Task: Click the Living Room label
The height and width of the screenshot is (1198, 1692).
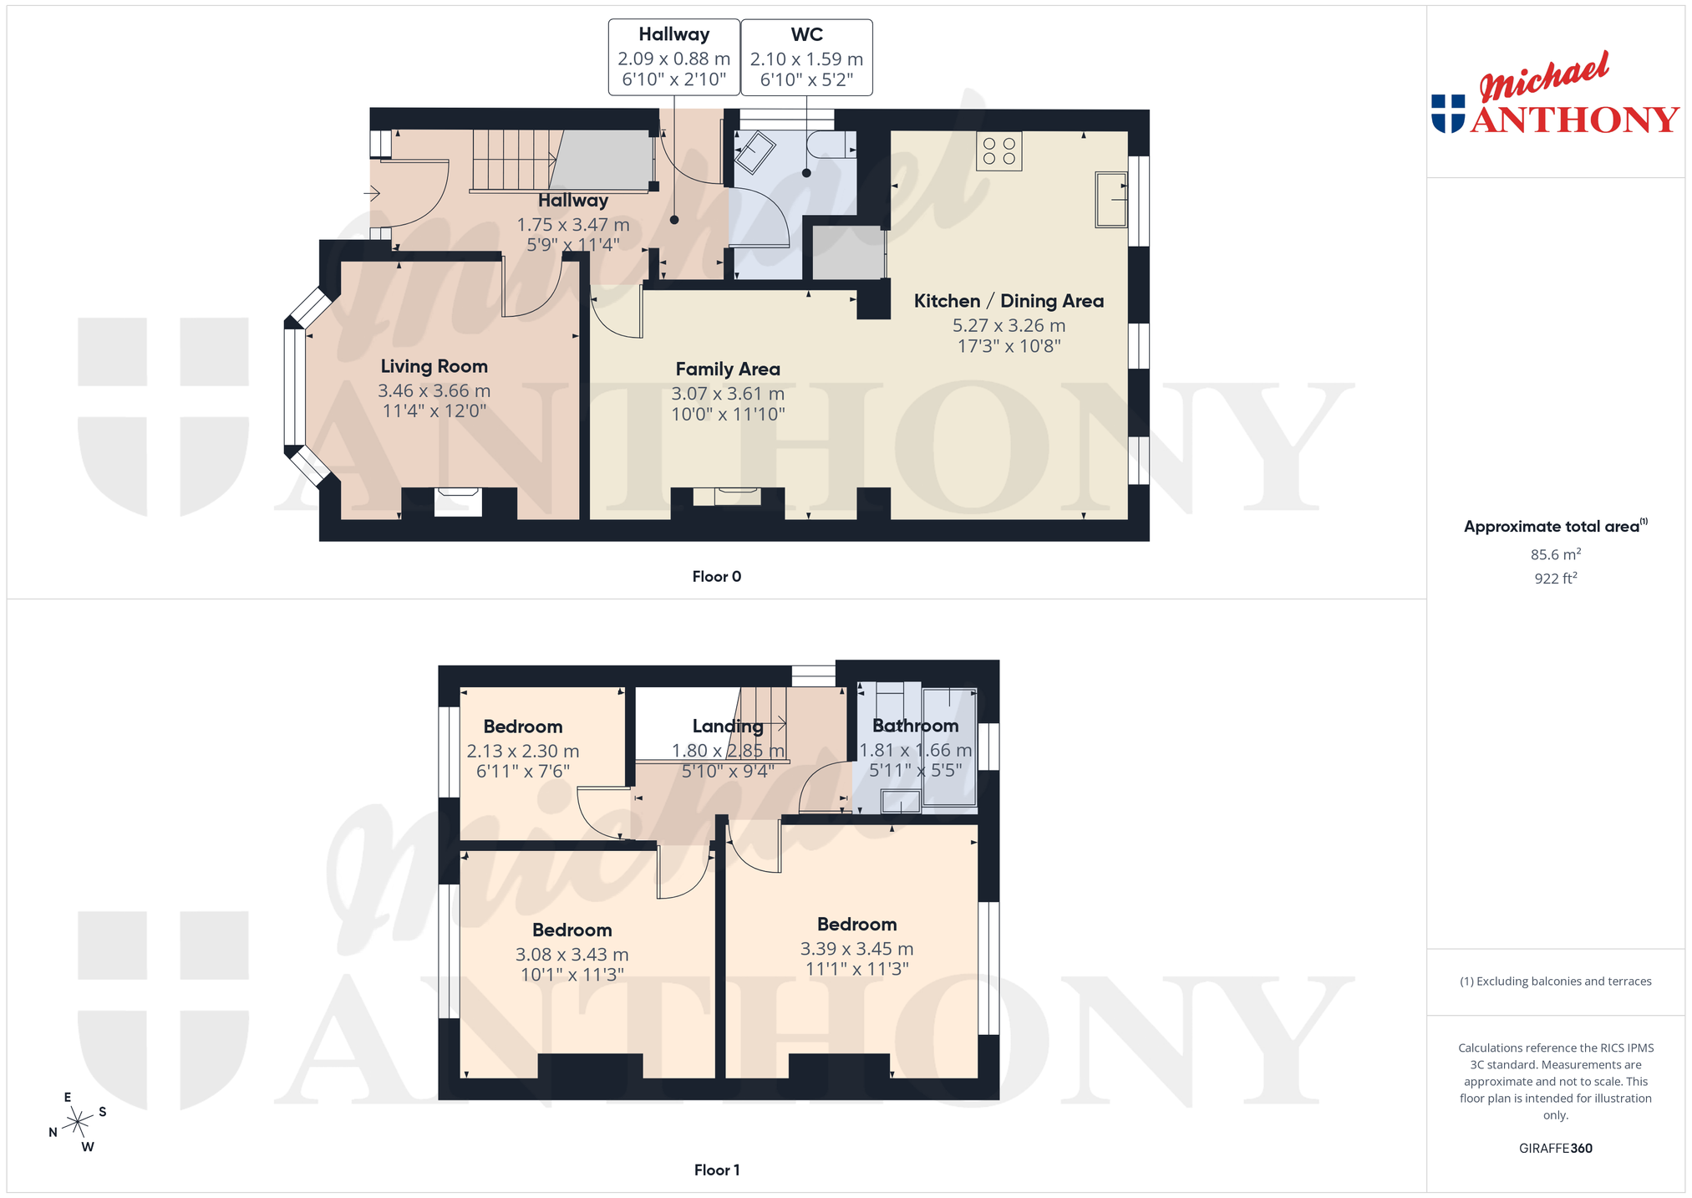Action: [434, 366]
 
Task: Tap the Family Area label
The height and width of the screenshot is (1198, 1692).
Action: [728, 369]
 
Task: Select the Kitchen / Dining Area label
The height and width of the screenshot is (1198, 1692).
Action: [1009, 301]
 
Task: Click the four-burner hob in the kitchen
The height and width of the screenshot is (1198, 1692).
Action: [999, 151]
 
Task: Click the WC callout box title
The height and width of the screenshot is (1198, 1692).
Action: [806, 34]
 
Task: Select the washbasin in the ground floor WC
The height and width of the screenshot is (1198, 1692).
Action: [755, 152]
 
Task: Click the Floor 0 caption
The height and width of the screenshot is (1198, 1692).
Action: [716, 576]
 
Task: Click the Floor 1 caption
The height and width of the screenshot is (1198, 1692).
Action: [716, 1170]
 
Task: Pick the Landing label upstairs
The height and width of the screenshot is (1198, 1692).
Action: [728, 726]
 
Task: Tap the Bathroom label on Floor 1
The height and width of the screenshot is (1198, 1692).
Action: [915, 726]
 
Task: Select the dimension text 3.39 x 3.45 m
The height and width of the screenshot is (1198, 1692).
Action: [856, 949]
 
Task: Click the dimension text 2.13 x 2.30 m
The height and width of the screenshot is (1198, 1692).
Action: [523, 751]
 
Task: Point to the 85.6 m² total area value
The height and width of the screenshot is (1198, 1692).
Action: [1555, 554]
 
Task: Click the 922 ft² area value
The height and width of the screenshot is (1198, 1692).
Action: [1555, 578]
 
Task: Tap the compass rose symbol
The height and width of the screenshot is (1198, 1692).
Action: [78, 1120]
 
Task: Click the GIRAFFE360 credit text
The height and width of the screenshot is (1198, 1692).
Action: [1555, 1148]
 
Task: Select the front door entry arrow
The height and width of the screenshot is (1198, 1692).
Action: [372, 194]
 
